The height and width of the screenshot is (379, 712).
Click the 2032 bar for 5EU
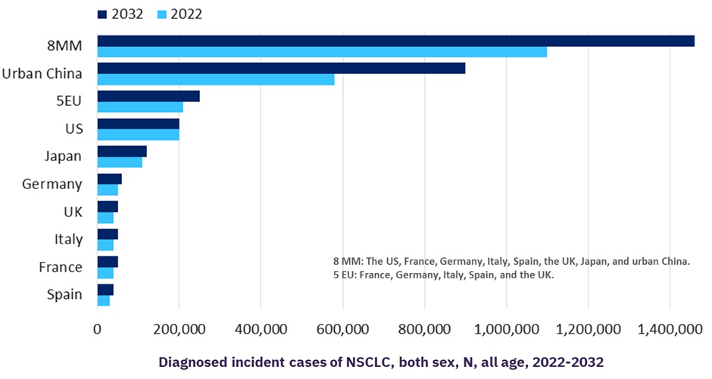[x=148, y=96]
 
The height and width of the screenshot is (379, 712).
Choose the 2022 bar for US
[x=138, y=135]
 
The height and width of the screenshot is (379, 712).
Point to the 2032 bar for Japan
[x=122, y=151]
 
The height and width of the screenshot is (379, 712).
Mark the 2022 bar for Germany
[x=108, y=190]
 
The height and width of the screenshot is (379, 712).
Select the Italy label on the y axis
[x=68, y=239]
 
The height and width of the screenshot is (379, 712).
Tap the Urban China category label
[x=42, y=73]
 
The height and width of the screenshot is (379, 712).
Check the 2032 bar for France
[x=108, y=262]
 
